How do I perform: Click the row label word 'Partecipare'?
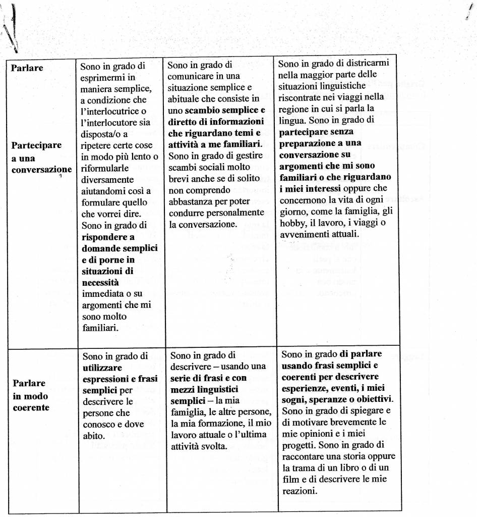36,145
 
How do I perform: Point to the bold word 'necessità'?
100,283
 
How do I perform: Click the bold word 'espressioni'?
106,379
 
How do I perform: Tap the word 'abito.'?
93,436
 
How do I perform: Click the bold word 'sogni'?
293,399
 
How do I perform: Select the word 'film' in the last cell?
289,479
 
